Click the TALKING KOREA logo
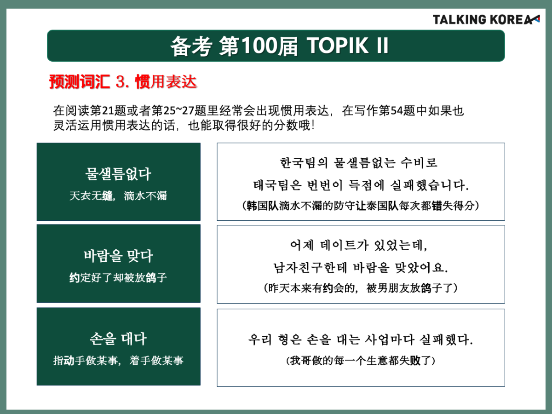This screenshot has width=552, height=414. coord(486,20)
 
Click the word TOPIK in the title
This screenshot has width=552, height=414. coord(338,46)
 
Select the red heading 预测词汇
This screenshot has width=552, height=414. coord(80,82)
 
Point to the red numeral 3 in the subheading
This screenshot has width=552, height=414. coord(120,82)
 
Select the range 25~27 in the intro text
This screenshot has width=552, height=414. coord(178,110)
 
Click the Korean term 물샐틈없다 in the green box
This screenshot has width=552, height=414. coord(118,174)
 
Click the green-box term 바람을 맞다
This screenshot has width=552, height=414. coord(118,256)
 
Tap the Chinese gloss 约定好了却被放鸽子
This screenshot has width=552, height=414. coord(118,278)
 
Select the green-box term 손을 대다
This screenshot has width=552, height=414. coord(118,339)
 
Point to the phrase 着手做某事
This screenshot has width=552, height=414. coord(156,361)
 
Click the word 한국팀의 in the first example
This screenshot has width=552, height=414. coord(304,163)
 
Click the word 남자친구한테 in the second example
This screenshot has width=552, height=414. coord(310,267)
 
